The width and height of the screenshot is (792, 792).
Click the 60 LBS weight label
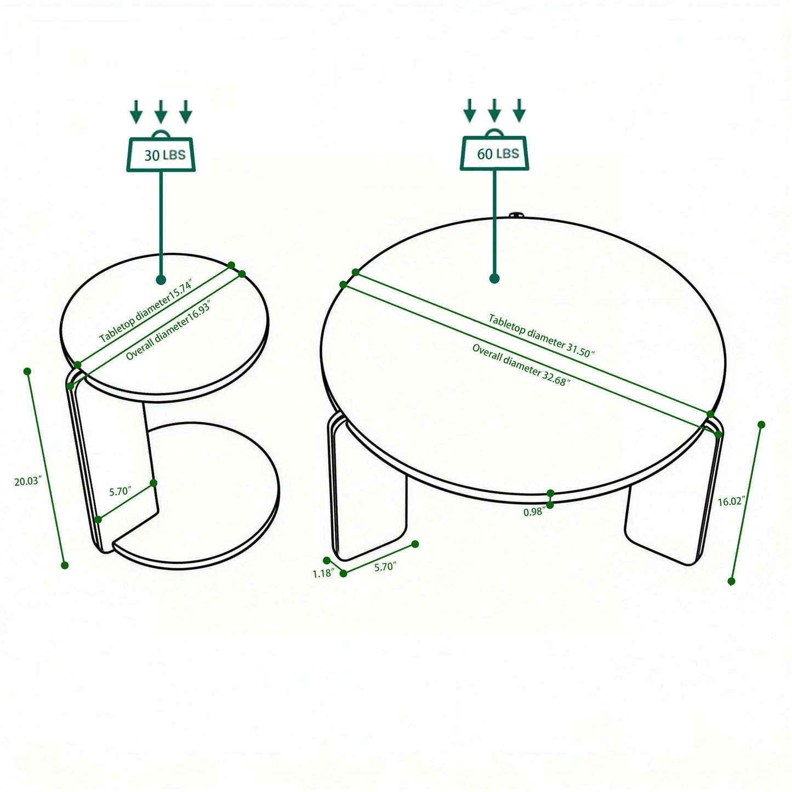click(497, 153)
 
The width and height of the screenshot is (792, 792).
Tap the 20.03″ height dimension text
click(28, 482)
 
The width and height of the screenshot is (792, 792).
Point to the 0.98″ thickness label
click(533, 511)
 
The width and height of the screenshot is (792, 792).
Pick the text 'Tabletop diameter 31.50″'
click(542, 335)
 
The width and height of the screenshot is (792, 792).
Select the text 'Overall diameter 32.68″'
click(521, 365)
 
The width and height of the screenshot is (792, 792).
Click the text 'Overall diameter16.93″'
click(168, 331)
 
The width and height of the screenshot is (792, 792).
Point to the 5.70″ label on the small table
click(119, 491)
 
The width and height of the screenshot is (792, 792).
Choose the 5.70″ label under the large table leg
click(385, 567)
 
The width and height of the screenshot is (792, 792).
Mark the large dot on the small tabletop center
click(161, 280)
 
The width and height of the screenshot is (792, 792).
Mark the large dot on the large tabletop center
click(494, 278)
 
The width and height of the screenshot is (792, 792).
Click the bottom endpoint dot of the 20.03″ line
click(65, 565)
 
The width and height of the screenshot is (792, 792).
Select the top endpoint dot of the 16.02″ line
click(761, 424)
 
